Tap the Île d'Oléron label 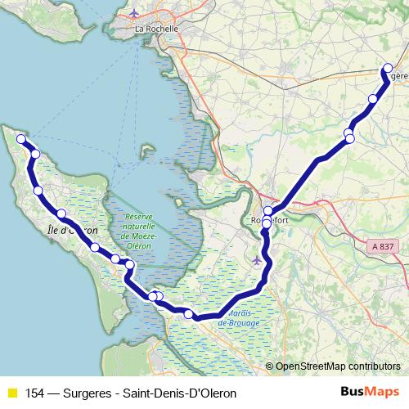point(73,230)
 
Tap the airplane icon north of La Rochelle point(136,13)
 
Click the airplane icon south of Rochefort point(258,260)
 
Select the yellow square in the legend point(12,393)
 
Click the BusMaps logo point(369,392)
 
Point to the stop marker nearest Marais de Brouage point(189,314)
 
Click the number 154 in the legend point(36,393)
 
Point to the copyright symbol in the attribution point(270,366)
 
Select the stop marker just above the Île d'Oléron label point(61,214)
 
